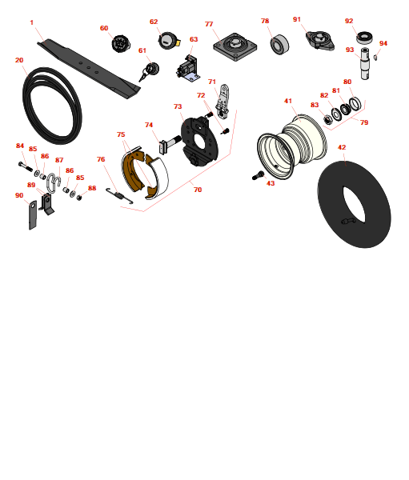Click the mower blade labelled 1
pyautogui.click(x=89, y=69)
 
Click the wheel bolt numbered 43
pyautogui.click(x=258, y=175)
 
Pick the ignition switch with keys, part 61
pyautogui.click(x=150, y=72)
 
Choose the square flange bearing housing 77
pyautogui.click(x=235, y=47)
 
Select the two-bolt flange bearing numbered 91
pyautogui.click(x=320, y=40)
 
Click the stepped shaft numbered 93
pyautogui.click(x=365, y=63)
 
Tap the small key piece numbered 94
pyautogui.click(x=375, y=58)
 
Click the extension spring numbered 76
pyautogui.click(x=119, y=195)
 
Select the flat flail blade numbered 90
pyautogui.click(x=33, y=215)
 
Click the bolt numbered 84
pyautogui.click(x=26, y=166)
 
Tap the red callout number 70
pyautogui.click(x=198, y=190)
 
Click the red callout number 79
pyautogui.click(x=364, y=122)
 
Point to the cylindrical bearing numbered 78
pyautogui.click(x=279, y=45)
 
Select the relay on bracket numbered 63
pyautogui.click(x=188, y=69)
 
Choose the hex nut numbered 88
pyautogui.click(x=78, y=198)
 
